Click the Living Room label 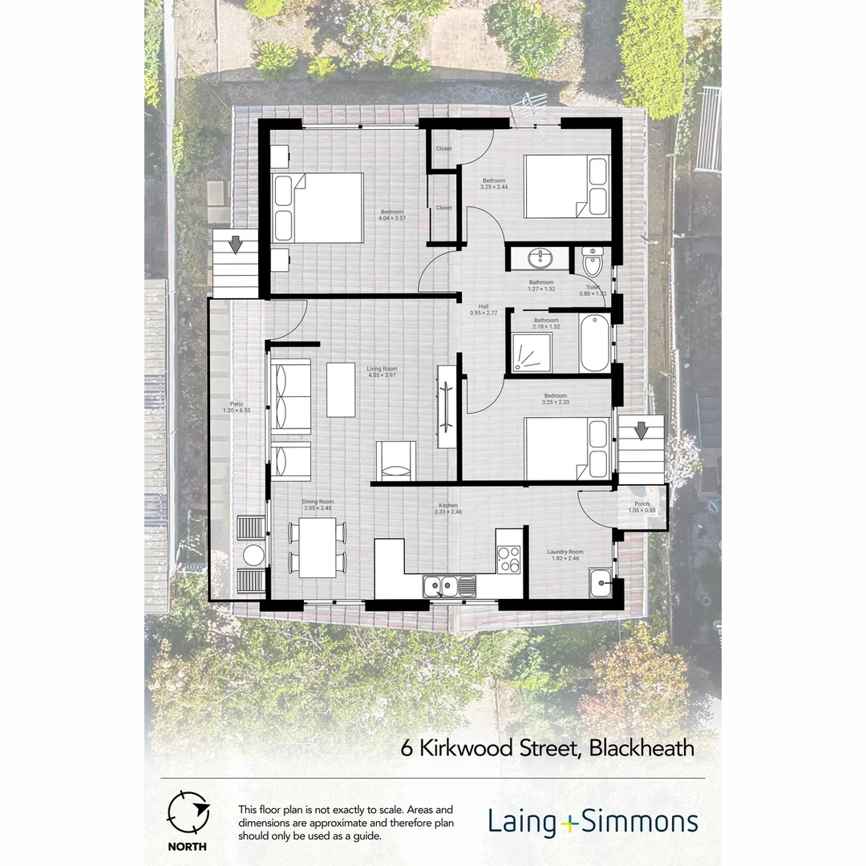tap(382, 372)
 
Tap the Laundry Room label tap(565, 555)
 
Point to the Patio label tap(237, 407)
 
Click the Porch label tap(642, 508)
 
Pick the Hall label tap(484, 309)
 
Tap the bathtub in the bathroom tap(594, 344)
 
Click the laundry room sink tap(600, 581)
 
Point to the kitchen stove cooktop tap(508, 559)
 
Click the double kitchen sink tap(450, 587)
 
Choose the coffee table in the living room tap(341, 390)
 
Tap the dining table tap(318, 548)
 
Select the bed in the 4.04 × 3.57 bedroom tap(318, 208)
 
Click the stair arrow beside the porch tap(641, 431)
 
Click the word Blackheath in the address tap(641, 748)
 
